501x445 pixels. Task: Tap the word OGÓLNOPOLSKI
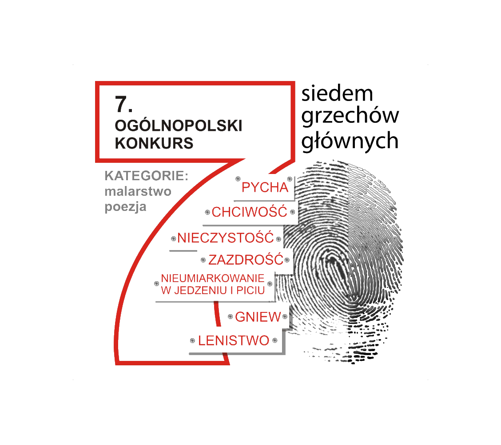[179, 126]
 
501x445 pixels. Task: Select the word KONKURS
[154, 143]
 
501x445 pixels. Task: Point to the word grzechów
[350, 117]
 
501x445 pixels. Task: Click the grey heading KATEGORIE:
[147, 176]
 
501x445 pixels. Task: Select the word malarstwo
[138, 191]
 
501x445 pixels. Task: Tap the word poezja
[126, 207]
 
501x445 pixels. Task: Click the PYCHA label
[265, 187]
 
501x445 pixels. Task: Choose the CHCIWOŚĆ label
[249, 212]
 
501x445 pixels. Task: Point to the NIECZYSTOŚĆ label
[226, 238]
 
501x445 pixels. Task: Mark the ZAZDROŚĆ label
[246, 259]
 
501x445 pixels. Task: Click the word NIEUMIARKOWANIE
[213, 279]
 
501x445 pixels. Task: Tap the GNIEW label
[258, 317]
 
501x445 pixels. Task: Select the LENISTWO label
[234, 341]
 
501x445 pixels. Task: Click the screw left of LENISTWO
[192, 341]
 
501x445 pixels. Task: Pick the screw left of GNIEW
[230, 317]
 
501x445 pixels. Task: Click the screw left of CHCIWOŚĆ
[207, 212]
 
